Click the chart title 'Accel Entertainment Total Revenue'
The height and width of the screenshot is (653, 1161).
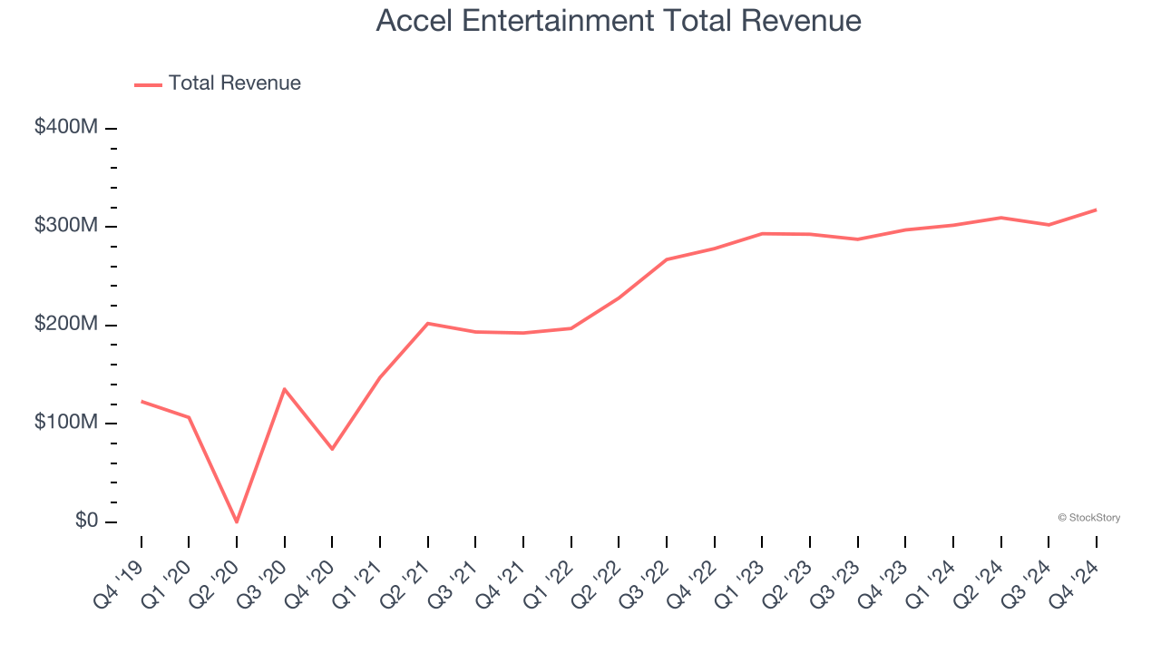click(x=619, y=21)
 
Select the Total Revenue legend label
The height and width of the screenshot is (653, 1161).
click(x=234, y=83)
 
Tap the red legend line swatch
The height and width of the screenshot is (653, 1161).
click(x=148, y=84)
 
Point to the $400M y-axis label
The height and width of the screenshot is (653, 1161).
click(x=65, y=128)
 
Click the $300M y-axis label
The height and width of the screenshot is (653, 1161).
click(x=65, y=226)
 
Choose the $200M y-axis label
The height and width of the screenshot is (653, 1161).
click(x=65, y=325)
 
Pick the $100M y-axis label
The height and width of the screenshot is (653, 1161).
click(x=65, y=424)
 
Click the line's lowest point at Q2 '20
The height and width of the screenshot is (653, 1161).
click(x=237, y=521)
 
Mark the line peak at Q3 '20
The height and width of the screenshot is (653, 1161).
click(x=285, y=389)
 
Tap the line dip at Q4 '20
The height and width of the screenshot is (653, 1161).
click(x=332, y=449)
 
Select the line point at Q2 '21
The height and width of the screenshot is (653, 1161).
click(x=427, y=323)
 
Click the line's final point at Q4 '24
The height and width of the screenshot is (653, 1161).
click(x=1096, y=210)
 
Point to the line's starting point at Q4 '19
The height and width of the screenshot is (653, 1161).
click(x=141, y=401)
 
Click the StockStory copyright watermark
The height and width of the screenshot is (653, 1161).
click(x=1088, y=518)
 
